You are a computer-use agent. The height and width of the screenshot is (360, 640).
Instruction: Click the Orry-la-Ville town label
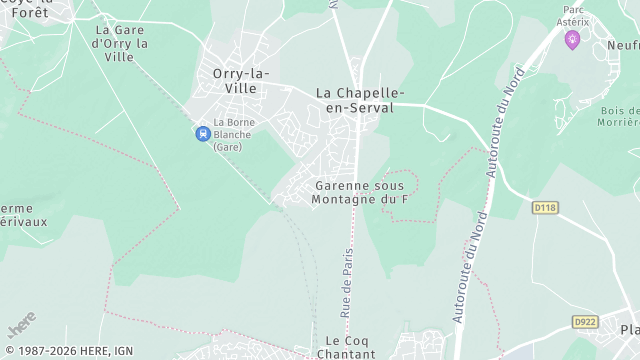click(x=235, y=80)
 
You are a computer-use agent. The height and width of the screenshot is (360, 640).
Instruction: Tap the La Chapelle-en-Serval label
click(x=355, y=99)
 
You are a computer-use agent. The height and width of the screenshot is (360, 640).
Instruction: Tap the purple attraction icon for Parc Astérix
click(x=572, y=39)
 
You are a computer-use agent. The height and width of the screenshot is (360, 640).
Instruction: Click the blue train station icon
click(x=202, y=132)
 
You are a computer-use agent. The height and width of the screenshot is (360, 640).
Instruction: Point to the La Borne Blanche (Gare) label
click(x=233, y=134)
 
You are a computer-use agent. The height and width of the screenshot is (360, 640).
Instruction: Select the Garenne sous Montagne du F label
click(x=361, y=193)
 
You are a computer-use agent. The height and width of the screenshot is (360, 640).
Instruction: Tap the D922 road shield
click(x=585, y=321)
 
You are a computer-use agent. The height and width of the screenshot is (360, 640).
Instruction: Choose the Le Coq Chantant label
click(x=344, y=347)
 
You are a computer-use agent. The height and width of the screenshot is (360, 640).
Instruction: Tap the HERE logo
click(x=21, y=325)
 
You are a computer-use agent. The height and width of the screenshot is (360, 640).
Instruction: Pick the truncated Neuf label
click(x=622, y=46)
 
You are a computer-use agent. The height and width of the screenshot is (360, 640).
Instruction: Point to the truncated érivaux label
click(x=23, y=222)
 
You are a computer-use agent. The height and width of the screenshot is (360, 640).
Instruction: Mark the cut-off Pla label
click(x=629, y=330)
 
